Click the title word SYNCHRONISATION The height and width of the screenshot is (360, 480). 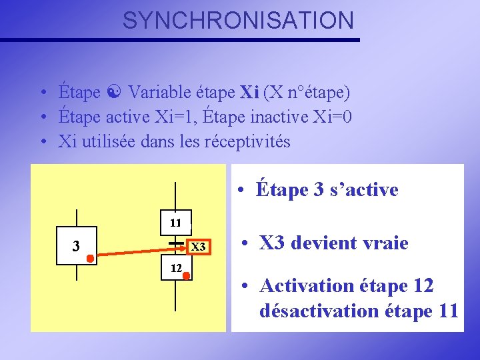[238, 21]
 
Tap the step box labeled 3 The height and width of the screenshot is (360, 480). [77, 246]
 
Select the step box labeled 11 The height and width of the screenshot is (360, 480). [175, 223]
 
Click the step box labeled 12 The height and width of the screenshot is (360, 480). [175, 268]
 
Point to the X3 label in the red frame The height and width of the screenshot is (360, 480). [198, 247]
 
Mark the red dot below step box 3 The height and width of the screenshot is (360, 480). [89, 258]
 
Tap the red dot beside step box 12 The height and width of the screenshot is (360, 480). [187, 275]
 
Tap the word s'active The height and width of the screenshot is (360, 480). [364, 190]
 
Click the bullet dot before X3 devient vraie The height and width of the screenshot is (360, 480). [246, 243]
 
